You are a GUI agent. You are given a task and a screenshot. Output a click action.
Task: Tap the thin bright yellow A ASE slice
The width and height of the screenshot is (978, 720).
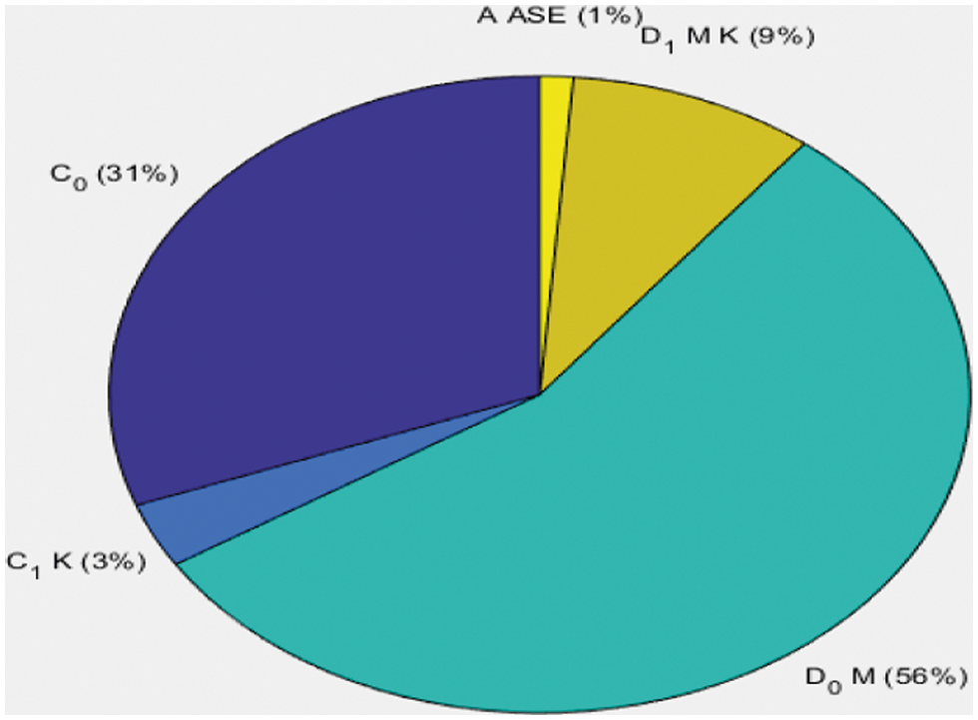[x=553, y=150]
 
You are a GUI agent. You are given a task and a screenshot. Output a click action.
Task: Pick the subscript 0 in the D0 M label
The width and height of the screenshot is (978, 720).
[x=825, y=684]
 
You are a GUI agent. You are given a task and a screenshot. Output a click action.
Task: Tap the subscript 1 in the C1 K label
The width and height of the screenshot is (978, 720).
[x=34, y=568]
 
